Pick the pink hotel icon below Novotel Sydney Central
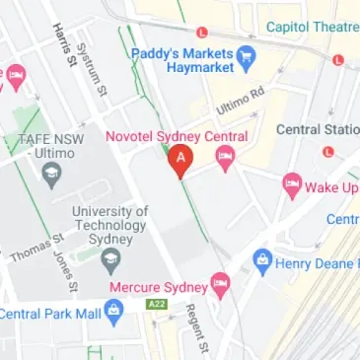click(x=225, y=155)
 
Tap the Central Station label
click(x=317, y=129)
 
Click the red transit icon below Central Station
click(x=329, y=150)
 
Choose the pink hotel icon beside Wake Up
click(x=291, y=183)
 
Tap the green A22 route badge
click(x=156, y=303)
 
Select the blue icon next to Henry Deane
click(x=261, y=261)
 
